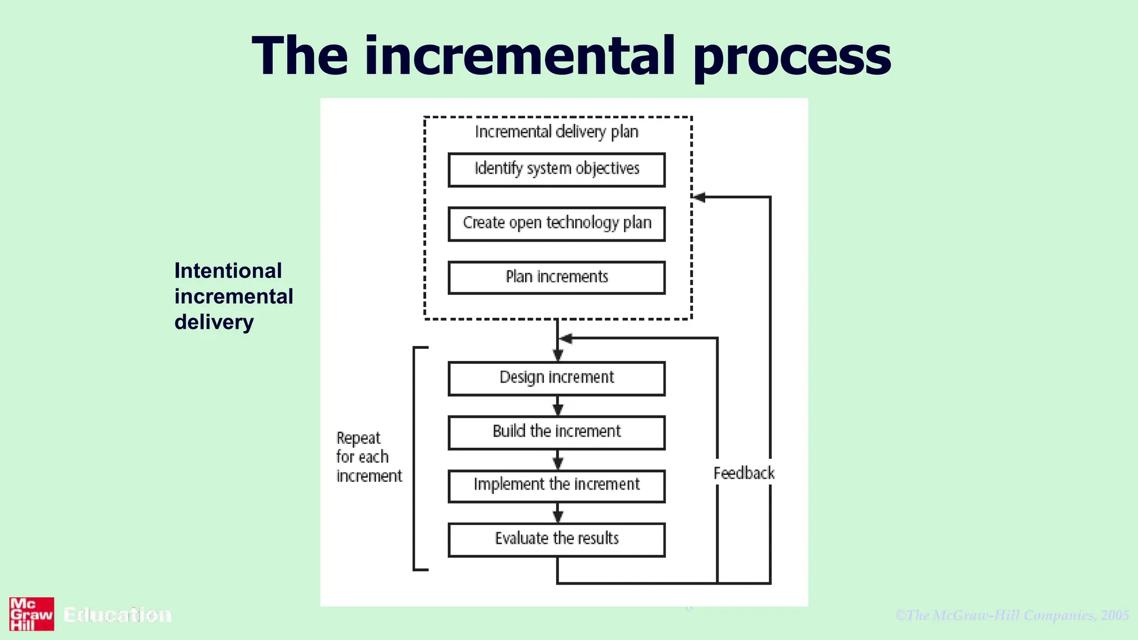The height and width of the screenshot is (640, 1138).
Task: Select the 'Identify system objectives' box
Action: click(556, 169)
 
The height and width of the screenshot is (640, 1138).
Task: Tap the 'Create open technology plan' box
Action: click(556, 223)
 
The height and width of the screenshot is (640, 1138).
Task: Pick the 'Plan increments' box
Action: click(556, 277)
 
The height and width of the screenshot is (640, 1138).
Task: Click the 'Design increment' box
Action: click(556, 378)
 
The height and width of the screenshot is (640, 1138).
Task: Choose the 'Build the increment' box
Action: click(556, 432)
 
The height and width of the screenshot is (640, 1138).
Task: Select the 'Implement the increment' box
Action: click(556, 486)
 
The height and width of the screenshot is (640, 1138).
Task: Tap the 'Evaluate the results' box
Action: click(556, 539)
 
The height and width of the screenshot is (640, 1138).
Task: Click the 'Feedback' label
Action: click(743, 473)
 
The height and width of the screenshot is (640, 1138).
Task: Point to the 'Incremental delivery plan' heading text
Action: click(556, 132)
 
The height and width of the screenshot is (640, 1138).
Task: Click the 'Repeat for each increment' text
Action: click(368, 457)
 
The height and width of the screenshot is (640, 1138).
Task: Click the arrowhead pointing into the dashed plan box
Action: click(700, 197)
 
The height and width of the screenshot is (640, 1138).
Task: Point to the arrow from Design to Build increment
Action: click(558, 407)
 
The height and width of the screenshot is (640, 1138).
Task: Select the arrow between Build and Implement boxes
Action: click(558, 460)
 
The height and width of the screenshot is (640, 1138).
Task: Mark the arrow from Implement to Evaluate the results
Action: click(558, 513)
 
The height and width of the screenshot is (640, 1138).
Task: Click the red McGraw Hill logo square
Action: click(32, 614)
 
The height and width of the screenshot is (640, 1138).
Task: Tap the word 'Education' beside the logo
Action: click(117, 614)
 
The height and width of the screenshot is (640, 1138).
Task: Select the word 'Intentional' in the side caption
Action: click(228, 271)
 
